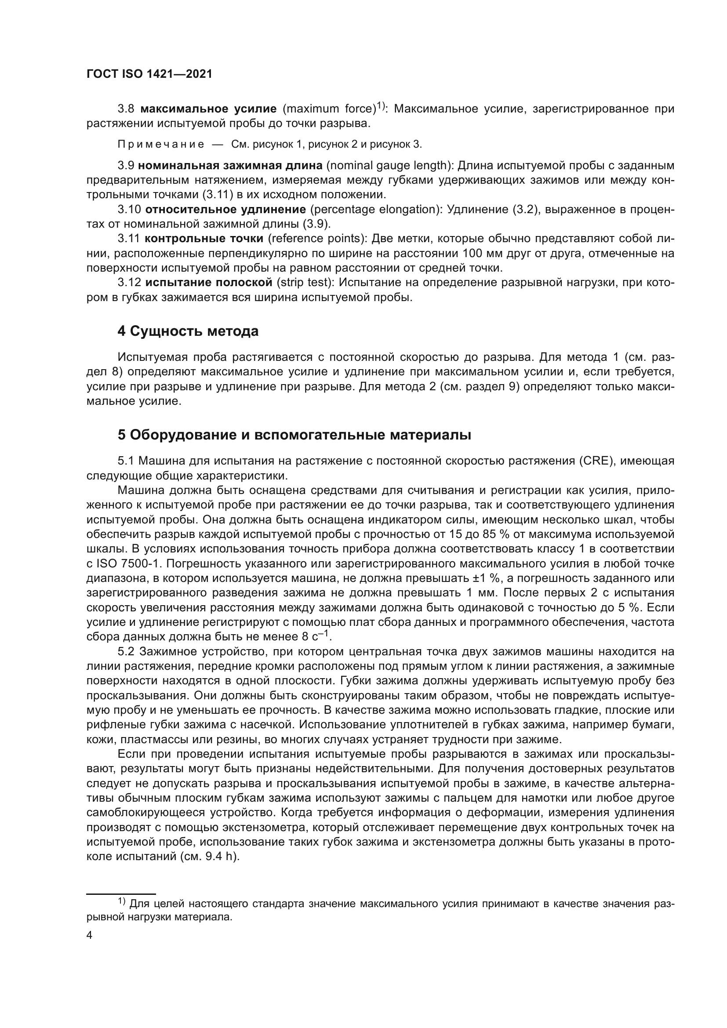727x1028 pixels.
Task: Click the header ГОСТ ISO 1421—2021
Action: click(x=149, y=74)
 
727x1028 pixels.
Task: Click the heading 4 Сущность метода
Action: click(x=188, y=331)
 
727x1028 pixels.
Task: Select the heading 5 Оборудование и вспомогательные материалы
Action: click(x=294, y=435)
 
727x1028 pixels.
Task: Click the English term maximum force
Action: click(x=329, y=109)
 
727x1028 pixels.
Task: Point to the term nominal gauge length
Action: click(x=387, y=166)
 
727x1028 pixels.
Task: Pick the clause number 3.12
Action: click(x=129, y=283)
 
